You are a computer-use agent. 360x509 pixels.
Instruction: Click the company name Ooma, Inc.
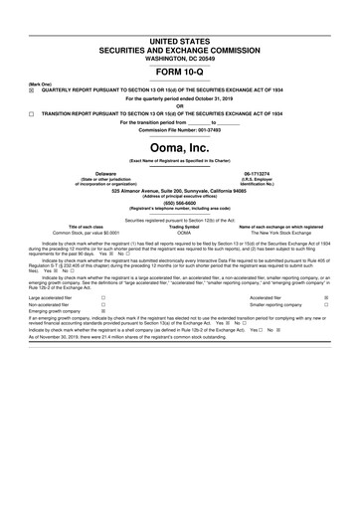tap(180, 149)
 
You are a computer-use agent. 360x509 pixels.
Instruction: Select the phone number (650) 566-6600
tap(180, 202)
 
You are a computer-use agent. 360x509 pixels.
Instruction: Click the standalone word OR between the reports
tap(180, 105)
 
